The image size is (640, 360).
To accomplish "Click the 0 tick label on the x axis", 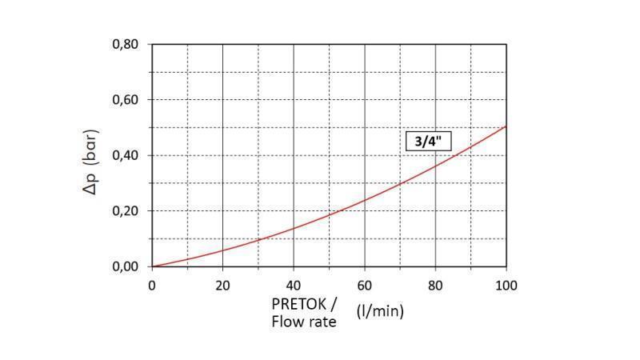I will (152, 284).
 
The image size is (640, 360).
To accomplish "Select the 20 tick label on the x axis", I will (223, 284).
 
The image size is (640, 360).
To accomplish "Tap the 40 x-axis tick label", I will (294, 284).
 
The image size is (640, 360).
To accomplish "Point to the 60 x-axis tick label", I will (365, 284).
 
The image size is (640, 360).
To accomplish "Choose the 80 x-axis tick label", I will (435, 284).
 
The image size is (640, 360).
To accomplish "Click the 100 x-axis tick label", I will (506, 284).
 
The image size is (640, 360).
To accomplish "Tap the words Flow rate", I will (304, 322).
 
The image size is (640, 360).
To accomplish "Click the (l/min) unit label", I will (380, 311).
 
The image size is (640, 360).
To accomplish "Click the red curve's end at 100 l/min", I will (506, 126).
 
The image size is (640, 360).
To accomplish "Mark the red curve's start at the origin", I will (153, 266).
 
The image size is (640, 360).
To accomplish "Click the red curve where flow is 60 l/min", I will (365, 200).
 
